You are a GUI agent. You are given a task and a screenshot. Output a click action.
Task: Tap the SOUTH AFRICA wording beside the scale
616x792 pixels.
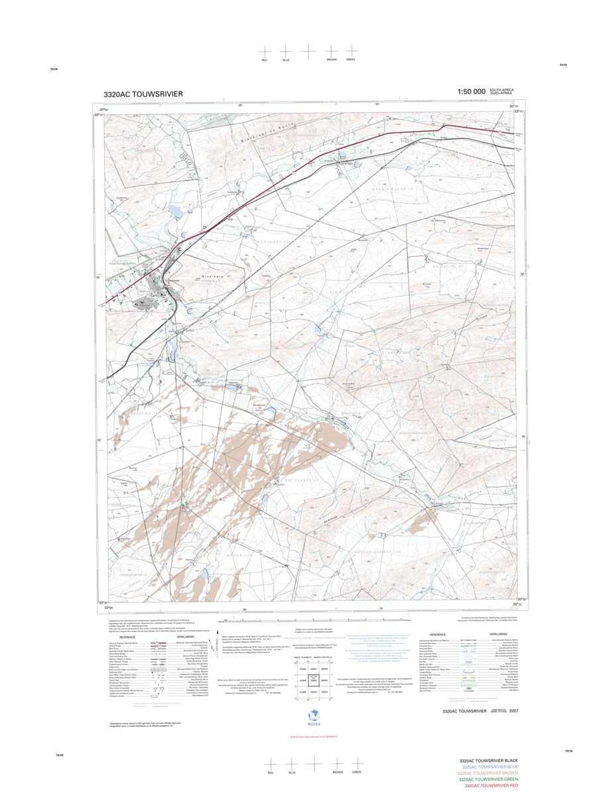tap(501, 90)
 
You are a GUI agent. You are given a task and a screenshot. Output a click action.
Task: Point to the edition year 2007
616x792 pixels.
tap(513, 711)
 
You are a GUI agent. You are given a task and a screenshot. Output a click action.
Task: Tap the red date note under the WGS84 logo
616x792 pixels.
tap(310, 736)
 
